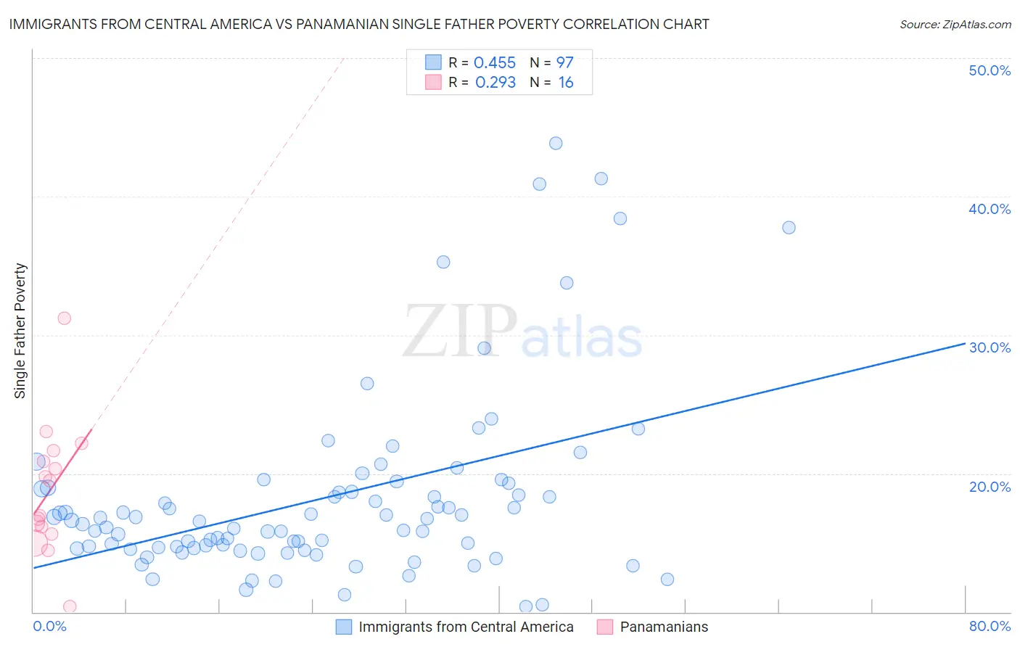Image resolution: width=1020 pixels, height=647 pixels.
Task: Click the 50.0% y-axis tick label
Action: (x=990, y=70)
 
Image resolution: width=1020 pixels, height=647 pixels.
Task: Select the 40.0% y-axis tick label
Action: (x=990, y=209)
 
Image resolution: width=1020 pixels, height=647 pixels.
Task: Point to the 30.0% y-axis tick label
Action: (x=990, y=347)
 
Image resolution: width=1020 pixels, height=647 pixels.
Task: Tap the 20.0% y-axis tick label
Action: (x=990, y=486)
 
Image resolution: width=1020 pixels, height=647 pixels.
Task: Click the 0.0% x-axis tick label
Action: (x=49, y=626)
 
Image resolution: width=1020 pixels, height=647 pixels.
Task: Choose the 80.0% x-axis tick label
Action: (x=990, y=626)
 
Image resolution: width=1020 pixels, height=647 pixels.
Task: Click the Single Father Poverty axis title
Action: (x=20, y=330)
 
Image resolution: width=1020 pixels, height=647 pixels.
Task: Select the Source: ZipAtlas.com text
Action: (x=955, y=24)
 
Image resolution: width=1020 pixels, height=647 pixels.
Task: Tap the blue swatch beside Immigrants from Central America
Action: (x=343, y=627)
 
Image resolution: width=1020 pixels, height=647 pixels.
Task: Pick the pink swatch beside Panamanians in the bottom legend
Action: (x=605, y=627)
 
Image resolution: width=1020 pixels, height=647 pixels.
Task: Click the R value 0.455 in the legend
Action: (x=494, y=63)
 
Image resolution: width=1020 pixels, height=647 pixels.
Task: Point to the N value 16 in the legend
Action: (x=566, y=83)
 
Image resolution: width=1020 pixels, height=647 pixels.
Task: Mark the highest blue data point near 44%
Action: (x=556, y=144)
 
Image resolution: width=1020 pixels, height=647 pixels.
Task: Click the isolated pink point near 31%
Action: (x=64, y=318)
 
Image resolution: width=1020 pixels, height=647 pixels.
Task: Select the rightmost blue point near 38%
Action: (x=789, y=228)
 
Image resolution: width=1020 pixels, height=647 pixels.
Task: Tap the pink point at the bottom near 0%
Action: (x=70, y=606)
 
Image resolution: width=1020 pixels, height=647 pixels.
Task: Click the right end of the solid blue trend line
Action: (x=965, y=343)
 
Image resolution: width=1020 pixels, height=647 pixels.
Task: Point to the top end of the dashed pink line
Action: (x=343, y=57)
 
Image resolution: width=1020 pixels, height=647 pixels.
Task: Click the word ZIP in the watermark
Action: (x=459, y=331)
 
